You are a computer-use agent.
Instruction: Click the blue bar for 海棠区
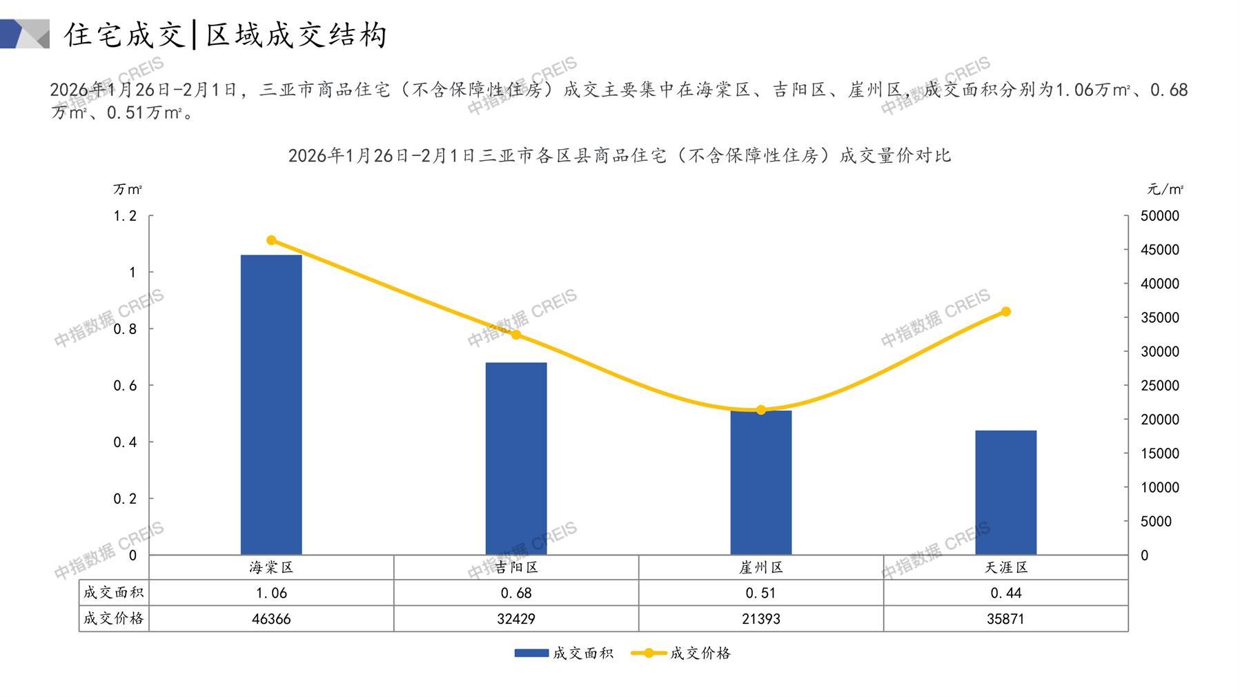271,404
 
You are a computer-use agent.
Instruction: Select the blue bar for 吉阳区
516,458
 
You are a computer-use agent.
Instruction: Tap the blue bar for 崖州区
761,483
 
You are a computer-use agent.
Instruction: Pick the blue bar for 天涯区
1005,492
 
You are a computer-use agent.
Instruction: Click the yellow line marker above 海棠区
271,240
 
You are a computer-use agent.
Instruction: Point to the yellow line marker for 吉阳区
516,335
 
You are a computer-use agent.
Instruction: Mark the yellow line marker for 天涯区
1005,312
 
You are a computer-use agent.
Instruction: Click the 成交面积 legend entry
564,653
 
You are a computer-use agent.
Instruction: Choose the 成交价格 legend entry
681,653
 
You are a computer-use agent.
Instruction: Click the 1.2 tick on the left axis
125,216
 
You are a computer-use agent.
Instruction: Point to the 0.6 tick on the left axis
125,386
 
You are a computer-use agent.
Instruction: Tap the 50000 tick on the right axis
1160,216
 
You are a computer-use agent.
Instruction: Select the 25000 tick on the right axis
1160,386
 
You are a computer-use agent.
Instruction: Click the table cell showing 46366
271,619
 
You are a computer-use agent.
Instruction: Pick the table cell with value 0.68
516,593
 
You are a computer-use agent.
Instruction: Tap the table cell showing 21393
761,619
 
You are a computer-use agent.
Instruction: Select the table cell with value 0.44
1005,593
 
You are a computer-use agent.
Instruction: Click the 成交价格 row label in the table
113,618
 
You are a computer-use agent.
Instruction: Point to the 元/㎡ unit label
1165,189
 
